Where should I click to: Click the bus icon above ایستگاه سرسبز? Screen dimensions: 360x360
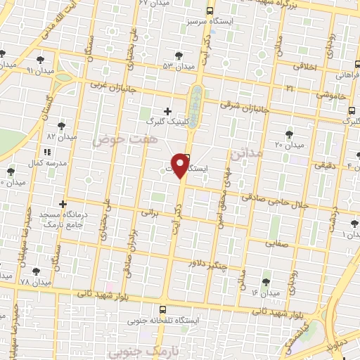(x=210, y=11)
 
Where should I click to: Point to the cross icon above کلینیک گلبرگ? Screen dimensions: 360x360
(x=167, y=110)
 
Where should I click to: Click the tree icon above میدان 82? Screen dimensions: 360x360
(x=60, y=124)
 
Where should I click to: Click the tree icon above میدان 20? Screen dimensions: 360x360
(x=289, y=134)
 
